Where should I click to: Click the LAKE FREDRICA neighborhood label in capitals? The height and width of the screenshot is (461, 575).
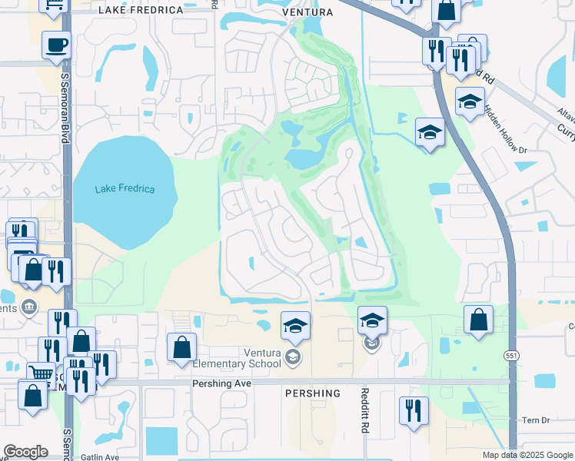click(x=141, y=11)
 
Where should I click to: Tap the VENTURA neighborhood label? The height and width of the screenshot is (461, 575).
click(x=307, y=12)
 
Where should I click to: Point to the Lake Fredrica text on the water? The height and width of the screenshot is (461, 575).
click(x=125, y=189)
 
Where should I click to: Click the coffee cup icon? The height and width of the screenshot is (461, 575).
click(x=56, y=46)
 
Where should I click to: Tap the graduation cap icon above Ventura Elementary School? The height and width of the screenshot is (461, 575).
click(x=295, y=327)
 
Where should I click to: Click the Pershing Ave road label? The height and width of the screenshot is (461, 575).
click(x=225, y=382)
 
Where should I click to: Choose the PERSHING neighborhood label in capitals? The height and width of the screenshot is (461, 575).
click(x=313, y=393)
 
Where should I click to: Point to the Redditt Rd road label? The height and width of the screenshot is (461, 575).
click(x=364, y=413)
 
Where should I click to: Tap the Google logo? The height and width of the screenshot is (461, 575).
click(x=26, y=452)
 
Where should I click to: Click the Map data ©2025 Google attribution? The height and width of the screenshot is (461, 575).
click(x=527, y=455)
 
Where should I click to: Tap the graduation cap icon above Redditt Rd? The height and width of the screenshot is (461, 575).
click(x=372, y=320)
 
